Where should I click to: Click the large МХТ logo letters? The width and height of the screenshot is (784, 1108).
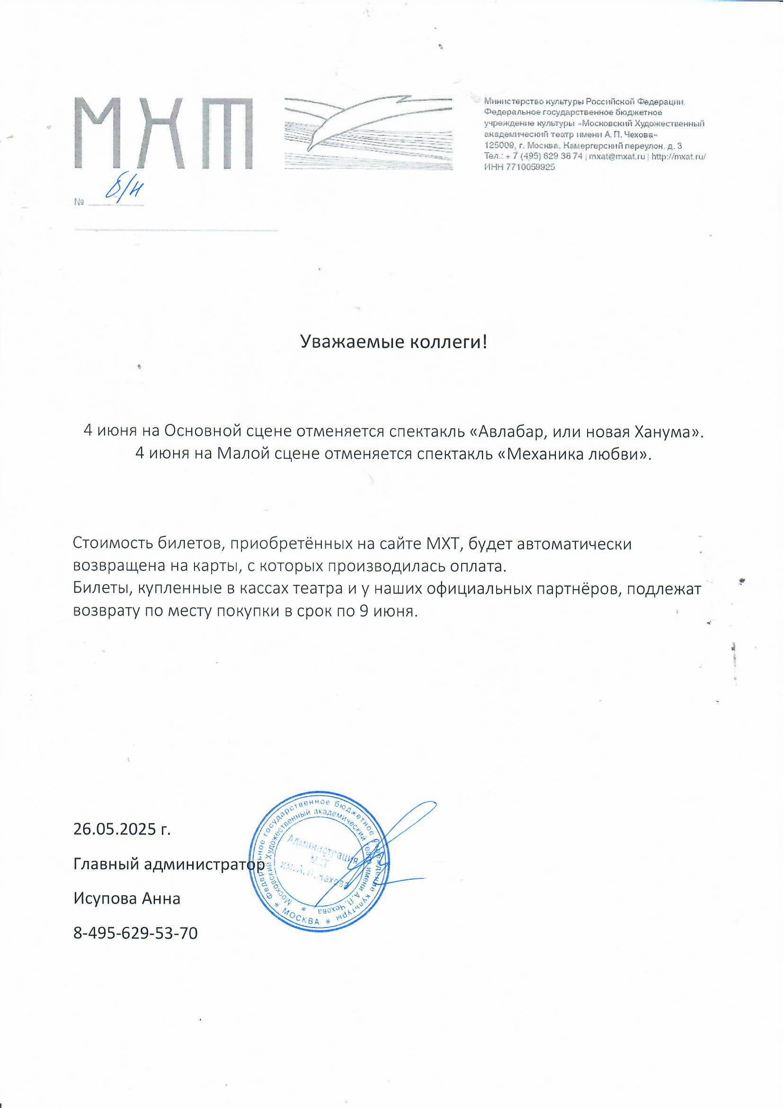pyautogui.click(x=164, y=133)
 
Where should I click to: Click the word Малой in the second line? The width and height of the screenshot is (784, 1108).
pyautogui.click(x=240, y=454)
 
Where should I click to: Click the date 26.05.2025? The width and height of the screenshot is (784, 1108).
pyautogui.click(x=116, y=829)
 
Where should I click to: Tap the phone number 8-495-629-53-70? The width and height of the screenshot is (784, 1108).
pyautogui.click(x=136, y=933)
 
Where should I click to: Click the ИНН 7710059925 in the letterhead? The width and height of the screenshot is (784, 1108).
pyautogui.click(x=519, y=167)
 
